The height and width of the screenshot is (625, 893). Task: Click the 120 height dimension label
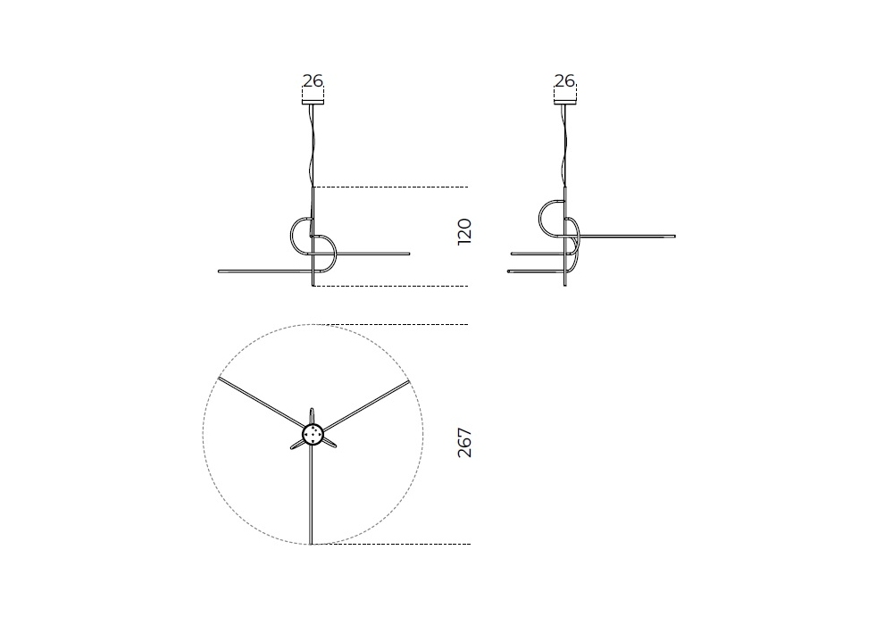464,231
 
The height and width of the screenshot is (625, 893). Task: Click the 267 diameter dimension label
464,443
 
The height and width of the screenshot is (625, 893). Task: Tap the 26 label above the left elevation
313,81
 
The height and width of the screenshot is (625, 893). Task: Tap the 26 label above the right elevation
564,81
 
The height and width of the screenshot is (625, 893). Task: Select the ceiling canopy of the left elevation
313,103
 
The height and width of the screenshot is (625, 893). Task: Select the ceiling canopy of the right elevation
565,103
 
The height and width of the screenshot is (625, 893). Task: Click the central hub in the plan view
312,435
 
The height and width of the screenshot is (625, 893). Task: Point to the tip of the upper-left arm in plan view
218,378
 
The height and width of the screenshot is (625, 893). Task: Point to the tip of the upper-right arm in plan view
408,382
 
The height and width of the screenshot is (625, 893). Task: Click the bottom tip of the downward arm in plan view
311,544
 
